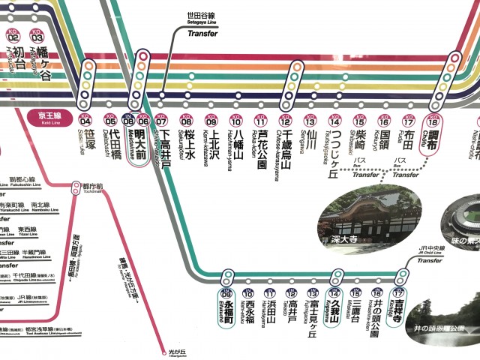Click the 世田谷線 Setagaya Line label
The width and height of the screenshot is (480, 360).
click(x=202, y=16)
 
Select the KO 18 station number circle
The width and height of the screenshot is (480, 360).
click(x=432, y=120)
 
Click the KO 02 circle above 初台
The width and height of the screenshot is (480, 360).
click(x=13, y=34)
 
